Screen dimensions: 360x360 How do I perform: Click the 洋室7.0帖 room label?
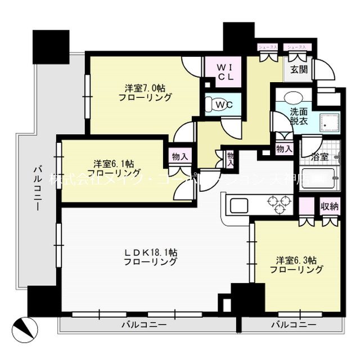[x=145, y=92]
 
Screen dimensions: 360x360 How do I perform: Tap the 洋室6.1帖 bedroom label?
[x=114, y=168]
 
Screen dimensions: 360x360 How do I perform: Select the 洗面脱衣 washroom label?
[x=284, y=116]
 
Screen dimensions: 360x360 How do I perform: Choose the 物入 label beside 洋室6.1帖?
[x=180, y=157]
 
